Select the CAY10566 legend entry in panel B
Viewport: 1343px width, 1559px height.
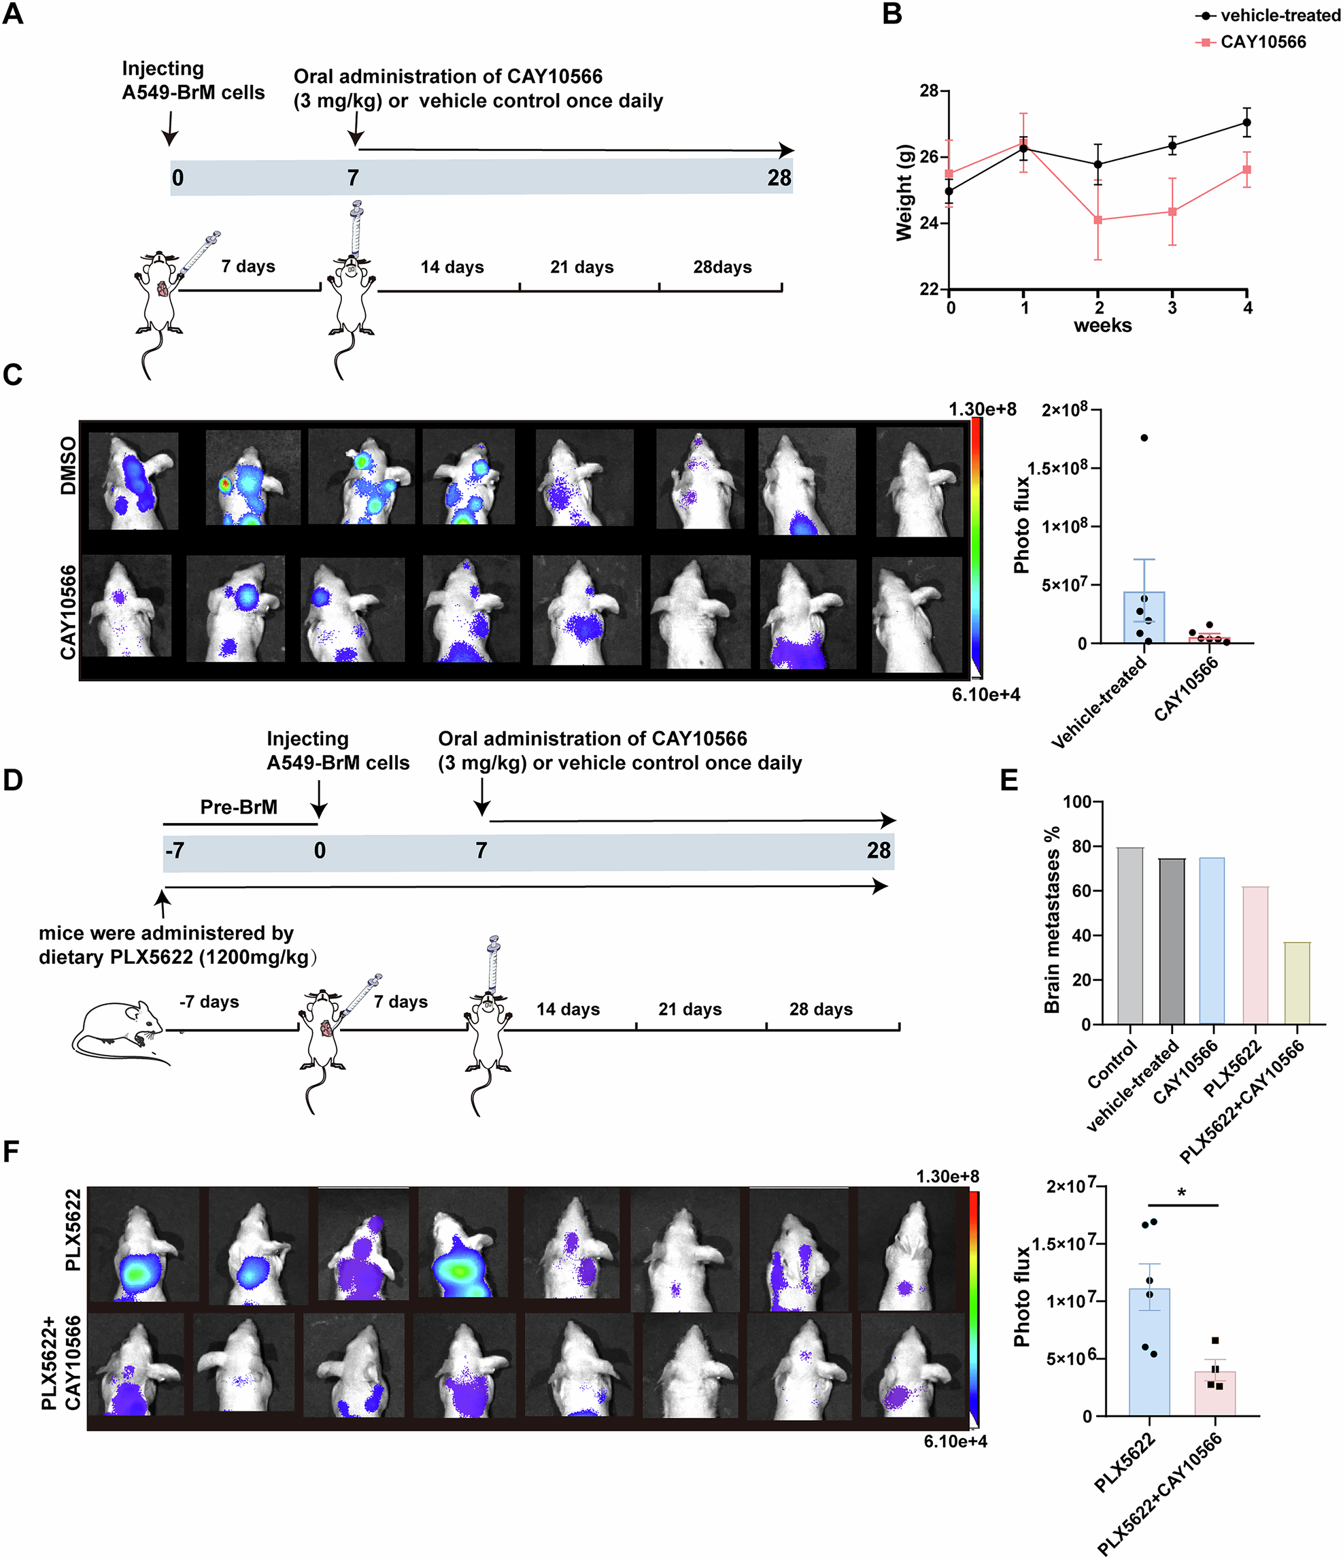[1263, 42]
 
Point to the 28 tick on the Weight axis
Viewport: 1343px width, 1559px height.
[928, 91]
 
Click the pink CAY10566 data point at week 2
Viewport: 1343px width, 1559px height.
[1098, 220]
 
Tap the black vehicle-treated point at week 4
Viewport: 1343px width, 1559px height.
[1246, 122]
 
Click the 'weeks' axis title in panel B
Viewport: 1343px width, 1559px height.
[1102, 325]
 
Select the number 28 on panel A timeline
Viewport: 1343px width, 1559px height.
[779, 178]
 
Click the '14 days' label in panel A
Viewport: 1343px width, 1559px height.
[452, 267]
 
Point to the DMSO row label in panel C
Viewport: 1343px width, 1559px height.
[69, 466]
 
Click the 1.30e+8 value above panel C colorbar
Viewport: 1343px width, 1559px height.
[982, 409]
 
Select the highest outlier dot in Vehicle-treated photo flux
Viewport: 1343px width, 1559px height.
[1144, 438]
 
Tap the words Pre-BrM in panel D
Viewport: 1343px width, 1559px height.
[239, 807]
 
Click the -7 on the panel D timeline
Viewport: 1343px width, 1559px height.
[175, 850]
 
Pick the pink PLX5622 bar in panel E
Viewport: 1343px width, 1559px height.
[1255, 956]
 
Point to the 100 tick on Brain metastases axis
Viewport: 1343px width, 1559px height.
[1076, 801]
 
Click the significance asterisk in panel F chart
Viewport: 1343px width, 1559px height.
[1182, 1192]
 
